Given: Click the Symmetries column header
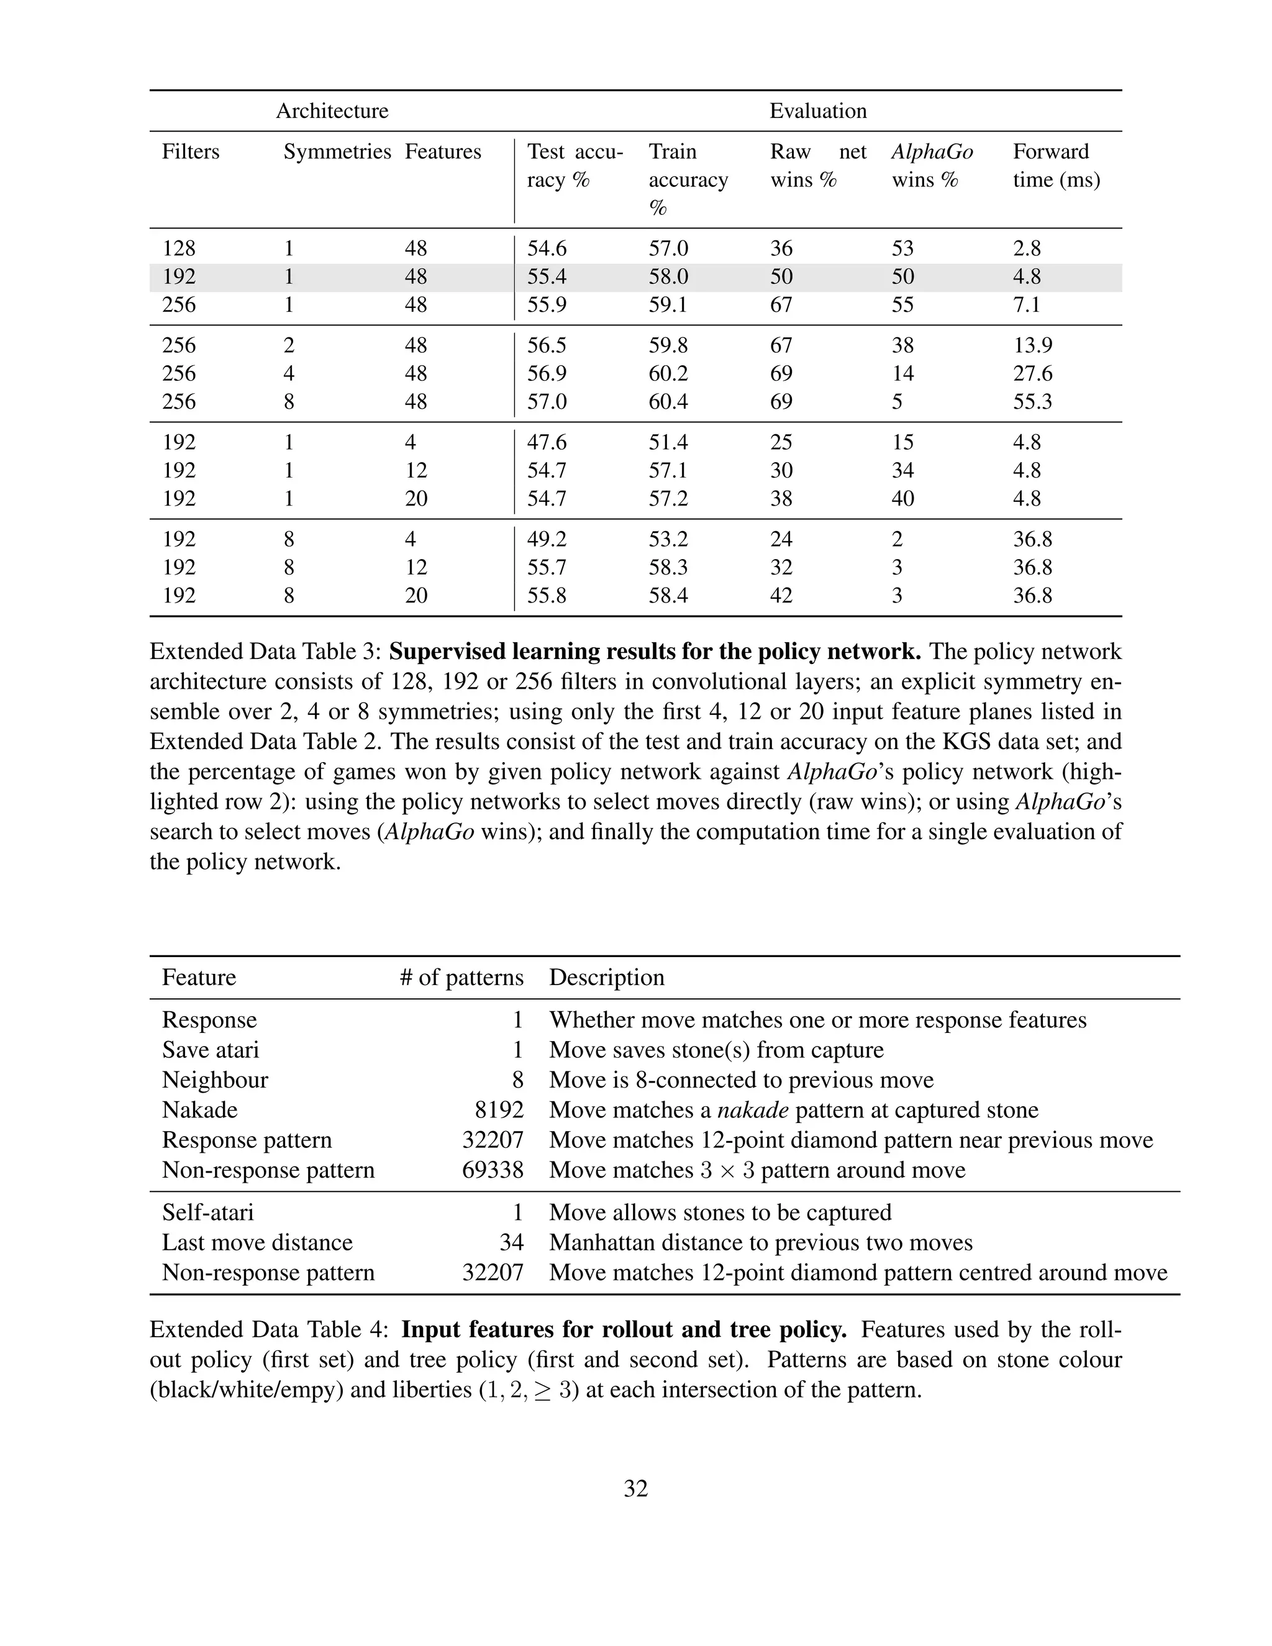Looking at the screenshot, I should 337,152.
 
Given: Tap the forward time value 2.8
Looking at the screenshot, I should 1026,248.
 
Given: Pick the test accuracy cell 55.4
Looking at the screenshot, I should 547,276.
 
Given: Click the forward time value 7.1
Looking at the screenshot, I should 1026,304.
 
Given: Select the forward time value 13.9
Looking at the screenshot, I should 1032,345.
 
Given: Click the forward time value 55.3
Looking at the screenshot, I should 1032,401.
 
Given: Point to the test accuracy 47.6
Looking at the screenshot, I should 547,442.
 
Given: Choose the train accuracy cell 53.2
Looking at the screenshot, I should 668,539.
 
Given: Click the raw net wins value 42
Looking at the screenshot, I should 781,596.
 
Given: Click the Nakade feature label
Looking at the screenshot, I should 200,1109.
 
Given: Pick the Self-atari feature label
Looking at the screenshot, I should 208,1212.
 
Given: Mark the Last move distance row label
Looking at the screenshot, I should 257,1242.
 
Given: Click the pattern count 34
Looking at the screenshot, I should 511,1242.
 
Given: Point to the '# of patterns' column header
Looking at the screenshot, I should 461,978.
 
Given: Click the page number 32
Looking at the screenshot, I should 635,1488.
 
